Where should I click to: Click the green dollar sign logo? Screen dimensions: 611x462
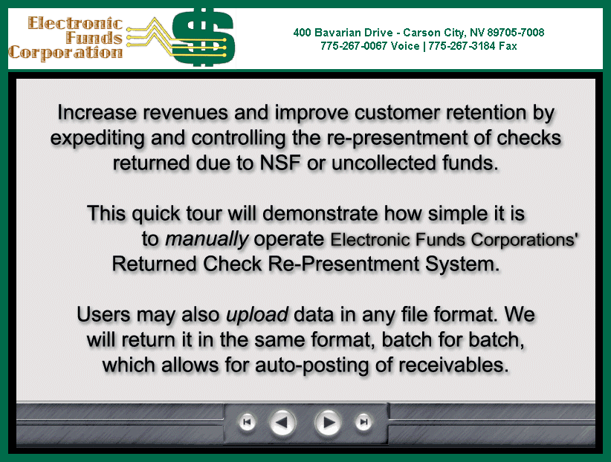pos(203,37)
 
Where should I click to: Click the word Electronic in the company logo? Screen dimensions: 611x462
pos(75,23)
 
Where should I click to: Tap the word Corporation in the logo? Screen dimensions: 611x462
pos(65,53)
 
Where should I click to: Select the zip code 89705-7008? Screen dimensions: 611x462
pos(516,33)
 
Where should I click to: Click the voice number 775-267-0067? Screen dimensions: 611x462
pos(354,46)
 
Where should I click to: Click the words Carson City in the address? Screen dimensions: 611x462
pos(433,33)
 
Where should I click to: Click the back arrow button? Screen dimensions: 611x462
pos(283,423)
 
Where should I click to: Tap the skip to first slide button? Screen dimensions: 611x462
pos(247,422)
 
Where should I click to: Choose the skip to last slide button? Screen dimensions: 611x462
pos(363,422)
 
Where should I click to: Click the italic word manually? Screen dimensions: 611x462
pos(207,238)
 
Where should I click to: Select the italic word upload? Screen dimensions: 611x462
pos(257,315)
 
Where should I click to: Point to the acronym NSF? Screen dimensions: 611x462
pos(280,163)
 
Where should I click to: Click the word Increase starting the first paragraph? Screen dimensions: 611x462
pos(97,113)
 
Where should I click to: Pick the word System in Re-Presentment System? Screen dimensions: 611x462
pos(462,264)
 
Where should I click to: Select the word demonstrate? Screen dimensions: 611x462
pos(320,213)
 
